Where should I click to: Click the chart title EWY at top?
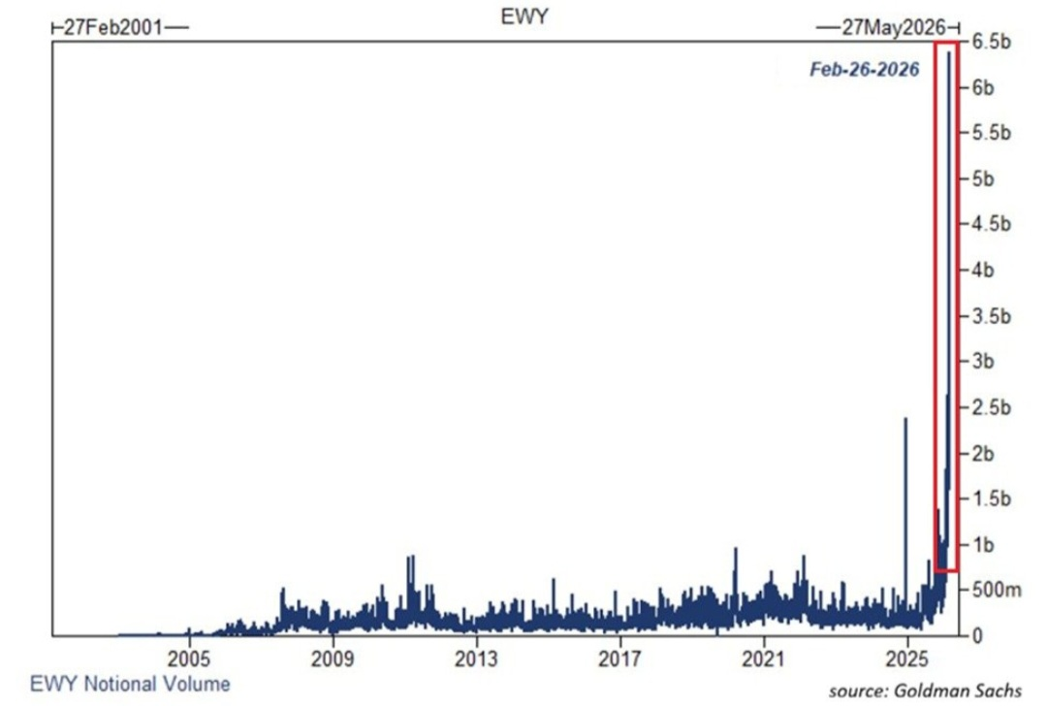coord(524,16)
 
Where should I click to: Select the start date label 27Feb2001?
coord(112,27)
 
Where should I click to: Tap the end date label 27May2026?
coord(894,27)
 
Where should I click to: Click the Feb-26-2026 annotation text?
coord(864,69)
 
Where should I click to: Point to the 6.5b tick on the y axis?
coord(991,42)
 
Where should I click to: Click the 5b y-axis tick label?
coord(983,179)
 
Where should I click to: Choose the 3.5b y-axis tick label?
coord(991,316)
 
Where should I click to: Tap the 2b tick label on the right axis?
coord(983,454)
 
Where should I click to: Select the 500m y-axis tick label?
coord(997,590)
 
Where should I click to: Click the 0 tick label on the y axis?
coord(977,635)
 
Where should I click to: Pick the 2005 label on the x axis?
coord(189,659)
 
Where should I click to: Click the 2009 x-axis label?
coord(333,659)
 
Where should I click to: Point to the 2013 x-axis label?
coord(476,659)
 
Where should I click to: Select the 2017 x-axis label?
coord(619,659)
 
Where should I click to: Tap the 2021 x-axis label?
coord(763,659)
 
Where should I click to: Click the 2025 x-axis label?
coord(906,659)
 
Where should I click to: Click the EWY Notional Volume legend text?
coord(130,684)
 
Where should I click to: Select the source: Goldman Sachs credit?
coord(925,690)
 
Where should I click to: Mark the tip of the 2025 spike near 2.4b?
coord(905,418)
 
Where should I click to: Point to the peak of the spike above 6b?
coord(949,52)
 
